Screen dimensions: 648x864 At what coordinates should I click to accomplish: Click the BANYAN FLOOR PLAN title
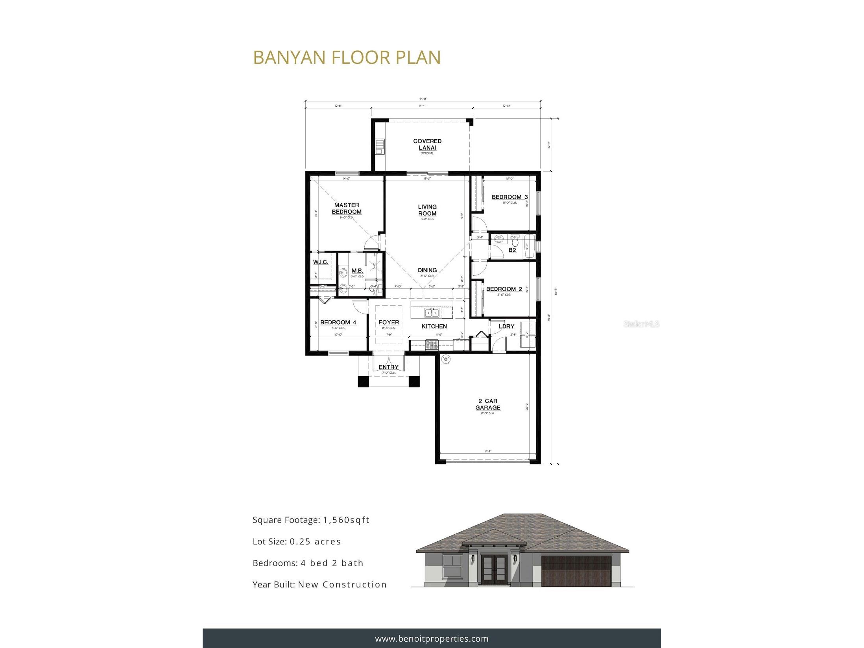(x=347, y=57)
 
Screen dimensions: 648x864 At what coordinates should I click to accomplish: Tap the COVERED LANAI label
(x=427, y=144)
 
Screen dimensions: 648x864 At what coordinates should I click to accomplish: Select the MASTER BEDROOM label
(x=347, y=208)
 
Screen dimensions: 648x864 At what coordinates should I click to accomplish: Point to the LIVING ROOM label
(x=427, y=210)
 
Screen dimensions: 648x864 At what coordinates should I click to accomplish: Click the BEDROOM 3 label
(x=510, y=197)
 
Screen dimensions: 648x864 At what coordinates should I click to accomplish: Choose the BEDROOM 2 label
(x=504, y=289)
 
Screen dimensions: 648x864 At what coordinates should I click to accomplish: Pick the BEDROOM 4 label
(x=338, y=322)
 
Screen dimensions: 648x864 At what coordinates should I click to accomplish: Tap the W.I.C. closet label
(x=320, y=262)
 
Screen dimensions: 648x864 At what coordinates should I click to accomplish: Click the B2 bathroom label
(x=512, y=250)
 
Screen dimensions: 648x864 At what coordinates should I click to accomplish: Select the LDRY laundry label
(x=506, y=326)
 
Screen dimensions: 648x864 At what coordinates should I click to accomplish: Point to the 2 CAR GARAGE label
(x=488, y=404)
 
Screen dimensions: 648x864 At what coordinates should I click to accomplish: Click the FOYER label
(x=388, y=322)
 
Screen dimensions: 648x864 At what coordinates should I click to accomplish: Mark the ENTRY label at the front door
(x=388, y=367)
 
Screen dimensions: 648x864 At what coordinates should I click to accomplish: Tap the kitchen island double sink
(x=432, y=313)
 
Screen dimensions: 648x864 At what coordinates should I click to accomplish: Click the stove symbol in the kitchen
(x=432, y=345)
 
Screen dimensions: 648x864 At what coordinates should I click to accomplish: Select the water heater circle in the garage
(x=445, y=358)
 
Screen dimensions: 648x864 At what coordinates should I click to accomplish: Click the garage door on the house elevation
(x=576, y=572)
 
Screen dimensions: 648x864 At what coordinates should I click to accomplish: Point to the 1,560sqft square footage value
(x=346, y=520)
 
